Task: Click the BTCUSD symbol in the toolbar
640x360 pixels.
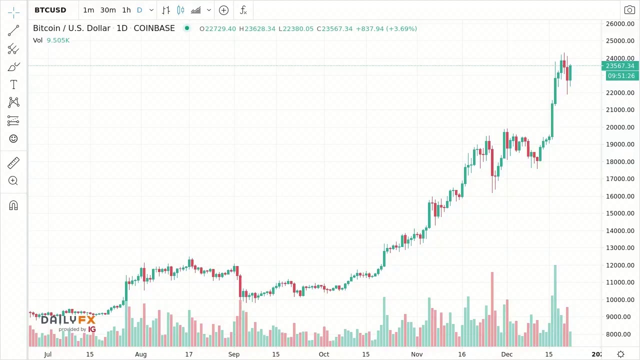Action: [50, 10]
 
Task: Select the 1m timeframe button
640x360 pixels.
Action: [88, 10]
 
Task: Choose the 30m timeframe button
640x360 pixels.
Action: [108, 10]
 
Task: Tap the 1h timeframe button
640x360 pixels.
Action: [126, 10]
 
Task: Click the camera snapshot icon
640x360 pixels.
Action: [629, 10]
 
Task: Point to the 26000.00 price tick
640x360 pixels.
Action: [620, 24]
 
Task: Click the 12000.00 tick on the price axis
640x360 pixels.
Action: [620, 265]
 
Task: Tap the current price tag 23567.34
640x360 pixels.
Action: [620, 66]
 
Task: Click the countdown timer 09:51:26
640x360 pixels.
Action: [621, 76]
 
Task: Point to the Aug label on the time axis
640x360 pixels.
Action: [140, 354]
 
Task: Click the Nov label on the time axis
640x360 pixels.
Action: [416, 354]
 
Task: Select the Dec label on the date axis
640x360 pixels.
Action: [507, 354]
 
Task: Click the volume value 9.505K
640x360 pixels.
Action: [58, 40]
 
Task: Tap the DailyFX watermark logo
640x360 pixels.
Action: [68, 322]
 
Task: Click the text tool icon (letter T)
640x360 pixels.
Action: [13, 85]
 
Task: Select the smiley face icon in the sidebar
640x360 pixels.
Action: [13, 138]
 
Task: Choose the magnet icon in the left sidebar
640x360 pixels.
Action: [13, 205]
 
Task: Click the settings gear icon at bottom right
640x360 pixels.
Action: [620, 354]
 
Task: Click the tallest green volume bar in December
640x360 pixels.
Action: [555, 305]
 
